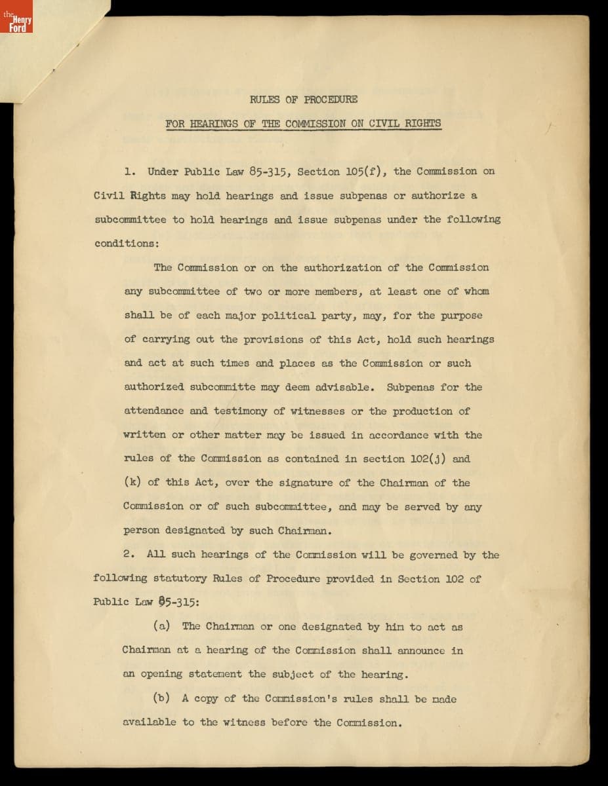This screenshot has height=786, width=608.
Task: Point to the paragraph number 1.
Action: (130, 172)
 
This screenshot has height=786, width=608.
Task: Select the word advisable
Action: (345, 387)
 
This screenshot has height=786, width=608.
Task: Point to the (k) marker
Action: (132, 483)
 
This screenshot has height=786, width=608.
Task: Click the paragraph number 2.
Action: (129, 555)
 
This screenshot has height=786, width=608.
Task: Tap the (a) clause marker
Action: (162, 626)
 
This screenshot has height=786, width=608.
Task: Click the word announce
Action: (420, 650)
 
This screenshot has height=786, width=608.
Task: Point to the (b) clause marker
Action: (162, 698)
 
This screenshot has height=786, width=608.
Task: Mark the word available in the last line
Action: (150, 722)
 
